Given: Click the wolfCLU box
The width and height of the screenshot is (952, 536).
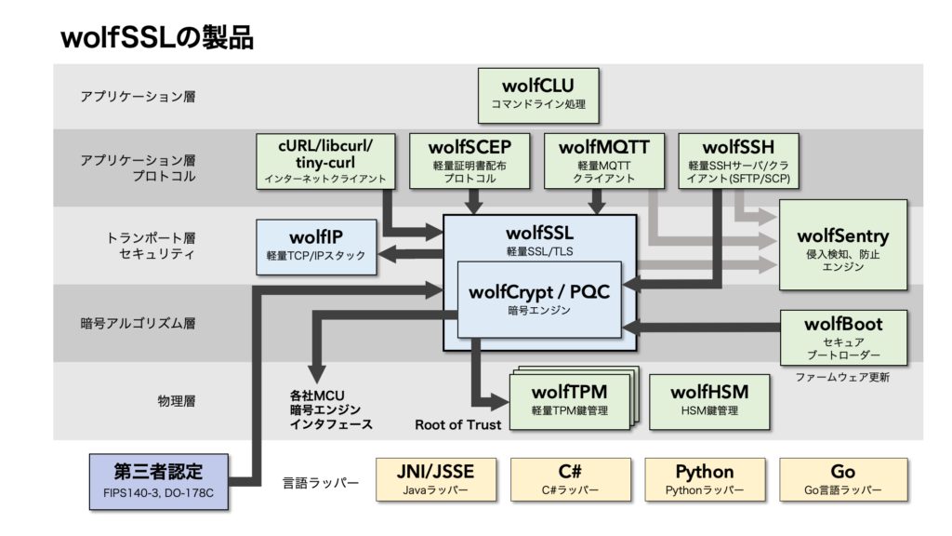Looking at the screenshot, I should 531,95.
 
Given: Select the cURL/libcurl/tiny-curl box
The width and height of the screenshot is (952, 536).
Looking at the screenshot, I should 324,160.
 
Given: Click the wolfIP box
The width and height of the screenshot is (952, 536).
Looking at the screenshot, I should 316,247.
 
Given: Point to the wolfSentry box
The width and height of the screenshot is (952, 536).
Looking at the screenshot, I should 843,244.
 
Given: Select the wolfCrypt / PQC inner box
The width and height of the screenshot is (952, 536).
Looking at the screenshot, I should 539,300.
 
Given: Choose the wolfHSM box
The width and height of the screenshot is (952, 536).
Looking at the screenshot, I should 709,398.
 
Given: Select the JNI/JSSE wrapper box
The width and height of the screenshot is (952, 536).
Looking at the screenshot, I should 436,479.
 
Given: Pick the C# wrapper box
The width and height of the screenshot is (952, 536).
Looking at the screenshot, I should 570,479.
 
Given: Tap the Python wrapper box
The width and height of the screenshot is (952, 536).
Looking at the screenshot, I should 704,479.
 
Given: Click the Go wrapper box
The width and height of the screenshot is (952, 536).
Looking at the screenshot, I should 842,479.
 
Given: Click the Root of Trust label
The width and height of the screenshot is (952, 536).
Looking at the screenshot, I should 457,425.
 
